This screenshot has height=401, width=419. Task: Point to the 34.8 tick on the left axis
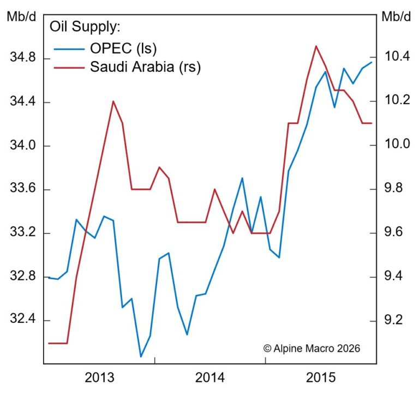tap(21, 58)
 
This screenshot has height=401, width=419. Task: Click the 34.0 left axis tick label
tap(21, 146)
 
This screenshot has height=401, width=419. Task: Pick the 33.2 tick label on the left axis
tap(21, 233)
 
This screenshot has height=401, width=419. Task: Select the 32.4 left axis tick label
tap(21, 320)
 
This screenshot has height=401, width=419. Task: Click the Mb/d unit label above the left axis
tap(21, 16)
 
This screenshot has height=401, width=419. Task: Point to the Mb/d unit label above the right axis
tap(397, 16)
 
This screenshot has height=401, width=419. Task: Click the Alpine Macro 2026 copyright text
tap(312, 348)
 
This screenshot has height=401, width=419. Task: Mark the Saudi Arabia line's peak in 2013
tap(113, 101)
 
